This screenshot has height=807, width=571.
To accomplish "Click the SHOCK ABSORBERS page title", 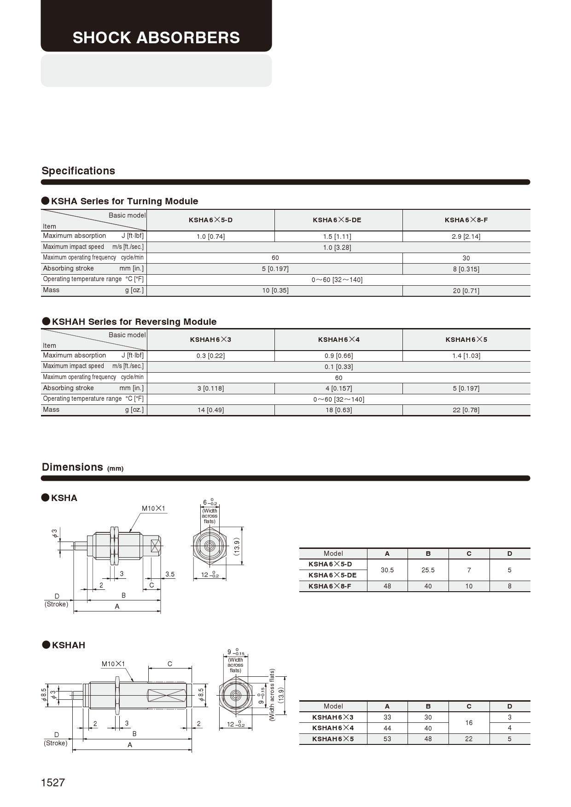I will pyautogui.click(x=156, y=38).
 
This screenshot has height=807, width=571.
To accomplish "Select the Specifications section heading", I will pyautogui.click(x=78, y=171).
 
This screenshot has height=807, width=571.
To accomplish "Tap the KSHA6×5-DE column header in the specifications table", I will pyautogui.click(x=337, y=220).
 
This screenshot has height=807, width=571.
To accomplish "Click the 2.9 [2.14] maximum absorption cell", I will pyautogui.click(x=466, y=236).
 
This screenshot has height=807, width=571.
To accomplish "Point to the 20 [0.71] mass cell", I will pyautogui.click(x=466, y=291).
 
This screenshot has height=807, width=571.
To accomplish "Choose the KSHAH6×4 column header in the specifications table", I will pyautogui.click(x=338, y=340).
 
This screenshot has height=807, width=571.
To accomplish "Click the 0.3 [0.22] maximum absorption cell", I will pyautogui.click(x=210, y=356).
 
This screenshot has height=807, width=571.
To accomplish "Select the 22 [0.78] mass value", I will pyautogui.click(x=466, y=410).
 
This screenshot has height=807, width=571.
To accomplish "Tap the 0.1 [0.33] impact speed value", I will pyautogui.click(x=338, y=367).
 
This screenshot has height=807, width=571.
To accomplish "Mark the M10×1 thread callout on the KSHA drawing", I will pyautogui.click(x=153, y=508).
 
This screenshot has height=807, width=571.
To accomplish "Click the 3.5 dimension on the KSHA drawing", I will pyautogui.click(x=170, y=574).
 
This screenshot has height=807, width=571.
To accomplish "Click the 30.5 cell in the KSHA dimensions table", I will pyautogui.click(x=387, y=570).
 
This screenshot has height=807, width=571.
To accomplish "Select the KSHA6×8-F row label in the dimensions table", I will pyautogui.click(x=330, y=586).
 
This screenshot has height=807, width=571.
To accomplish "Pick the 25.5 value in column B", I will pyautogui.click(x=428, y=570).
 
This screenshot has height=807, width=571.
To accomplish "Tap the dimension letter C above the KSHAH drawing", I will pyautogui.click(x=170, y=664).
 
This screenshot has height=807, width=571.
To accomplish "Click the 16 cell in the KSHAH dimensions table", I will pyautogui.click(x=469, y=723).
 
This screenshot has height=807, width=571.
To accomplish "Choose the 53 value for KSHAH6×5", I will pyautogui.click(x=387, y=739).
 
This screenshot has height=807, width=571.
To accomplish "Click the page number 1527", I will pyautogui.click(x=53, y=783).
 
